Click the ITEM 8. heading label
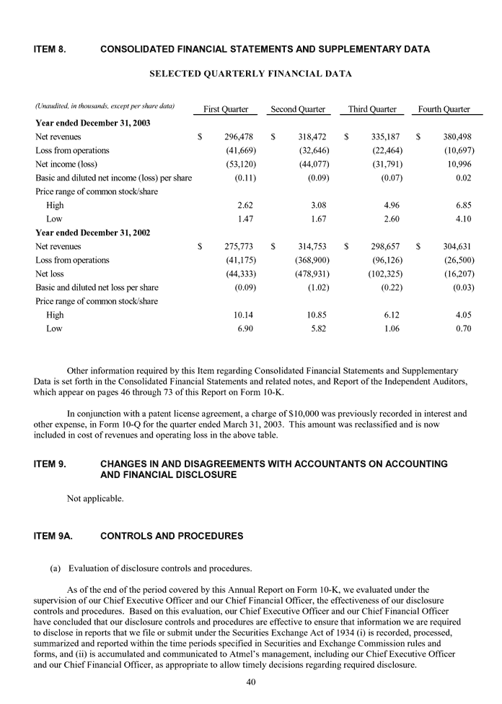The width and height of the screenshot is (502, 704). (x=51, y=49)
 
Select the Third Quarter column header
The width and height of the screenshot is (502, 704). (x=372, y=109)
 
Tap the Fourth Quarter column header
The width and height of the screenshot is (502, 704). (x=444, y=109)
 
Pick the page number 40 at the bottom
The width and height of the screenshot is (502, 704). (x=251, y=681)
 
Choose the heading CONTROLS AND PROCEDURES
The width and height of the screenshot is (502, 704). (x=172, y=536)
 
